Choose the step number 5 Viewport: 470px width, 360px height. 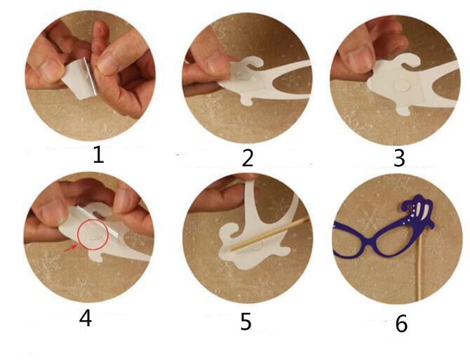tap(246, 321)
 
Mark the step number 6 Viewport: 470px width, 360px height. tap(401, 324)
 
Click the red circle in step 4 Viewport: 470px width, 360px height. tap(93, 235)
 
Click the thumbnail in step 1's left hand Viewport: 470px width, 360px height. tap(50, 69)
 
